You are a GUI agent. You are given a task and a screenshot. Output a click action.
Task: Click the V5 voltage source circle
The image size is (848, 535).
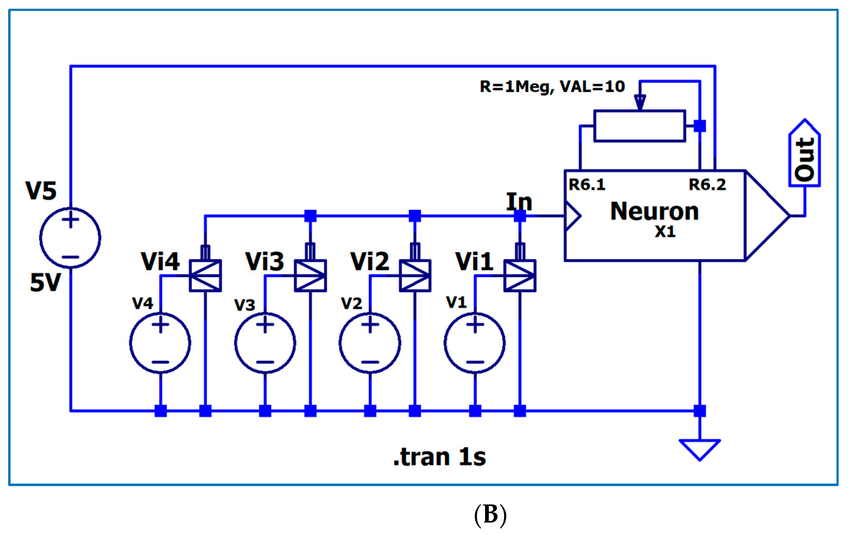[x=70, y=238]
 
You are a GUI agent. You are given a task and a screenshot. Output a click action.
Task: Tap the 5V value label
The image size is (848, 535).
[x=45, y=283]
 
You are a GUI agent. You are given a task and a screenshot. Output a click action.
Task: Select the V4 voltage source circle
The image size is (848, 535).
[x=160, y=343]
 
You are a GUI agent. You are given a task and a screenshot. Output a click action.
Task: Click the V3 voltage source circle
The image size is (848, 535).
[x=265, y=343]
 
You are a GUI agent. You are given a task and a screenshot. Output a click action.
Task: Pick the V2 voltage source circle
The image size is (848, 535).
[x=370, y=343]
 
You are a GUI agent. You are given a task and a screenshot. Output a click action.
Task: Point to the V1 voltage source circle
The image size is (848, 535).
[x=475, y=343]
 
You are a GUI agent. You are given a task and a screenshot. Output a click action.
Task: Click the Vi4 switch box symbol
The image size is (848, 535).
[x=205, y=276]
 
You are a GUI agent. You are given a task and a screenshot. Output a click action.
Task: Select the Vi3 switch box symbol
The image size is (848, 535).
[x=310, y=276]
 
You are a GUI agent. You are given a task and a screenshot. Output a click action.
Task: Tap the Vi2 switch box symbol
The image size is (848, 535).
[x=415, y=276]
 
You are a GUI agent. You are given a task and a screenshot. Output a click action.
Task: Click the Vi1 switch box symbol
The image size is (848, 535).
[x=520, y=276]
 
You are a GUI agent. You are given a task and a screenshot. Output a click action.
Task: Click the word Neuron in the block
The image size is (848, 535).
[x=654, y=212]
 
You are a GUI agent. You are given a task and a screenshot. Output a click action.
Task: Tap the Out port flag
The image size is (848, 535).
[x=804, y=155]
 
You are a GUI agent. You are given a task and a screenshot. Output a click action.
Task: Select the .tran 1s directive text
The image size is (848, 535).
[x=439, y=457]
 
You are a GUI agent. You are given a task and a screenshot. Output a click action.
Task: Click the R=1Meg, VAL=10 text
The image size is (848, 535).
[x=552, y=87]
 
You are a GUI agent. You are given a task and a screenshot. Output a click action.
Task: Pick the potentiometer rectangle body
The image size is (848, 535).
[x=640, y=126]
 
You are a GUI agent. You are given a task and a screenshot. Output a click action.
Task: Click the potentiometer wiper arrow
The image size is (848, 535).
[x=640, y=102]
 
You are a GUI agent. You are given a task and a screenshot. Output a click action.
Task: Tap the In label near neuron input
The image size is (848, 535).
[x=519, y=202]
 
